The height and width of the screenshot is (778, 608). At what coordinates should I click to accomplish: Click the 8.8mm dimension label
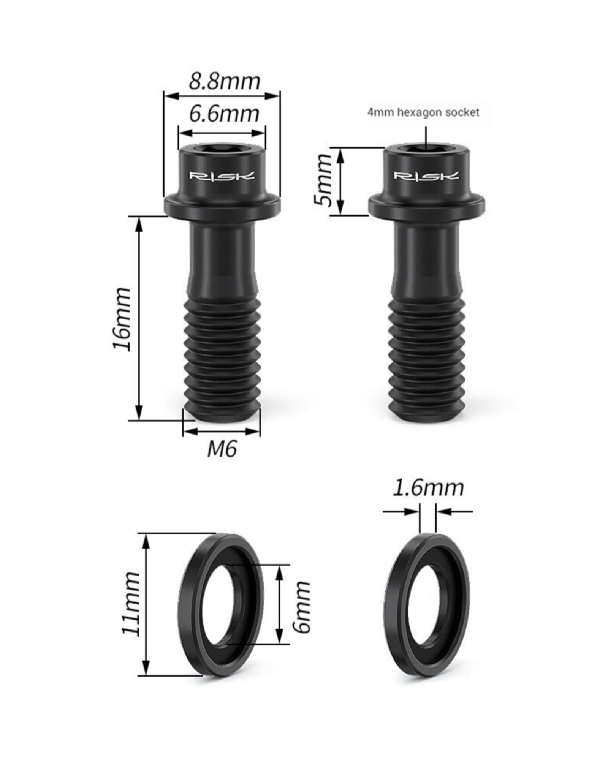pos(224,81)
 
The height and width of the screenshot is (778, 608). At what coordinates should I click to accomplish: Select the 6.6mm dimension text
pos(224,114)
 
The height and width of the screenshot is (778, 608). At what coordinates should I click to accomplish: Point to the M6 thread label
pos(222,449)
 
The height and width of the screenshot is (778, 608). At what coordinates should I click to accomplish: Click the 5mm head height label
pos(323,180)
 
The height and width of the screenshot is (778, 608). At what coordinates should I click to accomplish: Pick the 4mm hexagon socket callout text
pos(423,112)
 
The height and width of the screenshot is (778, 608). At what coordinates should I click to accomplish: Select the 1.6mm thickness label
pos(428,488)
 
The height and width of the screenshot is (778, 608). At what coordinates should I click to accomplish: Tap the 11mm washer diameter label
pos(131,603)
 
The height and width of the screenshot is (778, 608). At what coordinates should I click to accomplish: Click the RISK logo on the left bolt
pos(222,176)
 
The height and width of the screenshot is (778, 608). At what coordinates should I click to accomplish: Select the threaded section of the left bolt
pos(222,353)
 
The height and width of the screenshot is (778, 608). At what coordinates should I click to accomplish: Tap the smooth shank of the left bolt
pos(222,258)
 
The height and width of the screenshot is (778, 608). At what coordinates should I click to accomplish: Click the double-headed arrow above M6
pos(222,431)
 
